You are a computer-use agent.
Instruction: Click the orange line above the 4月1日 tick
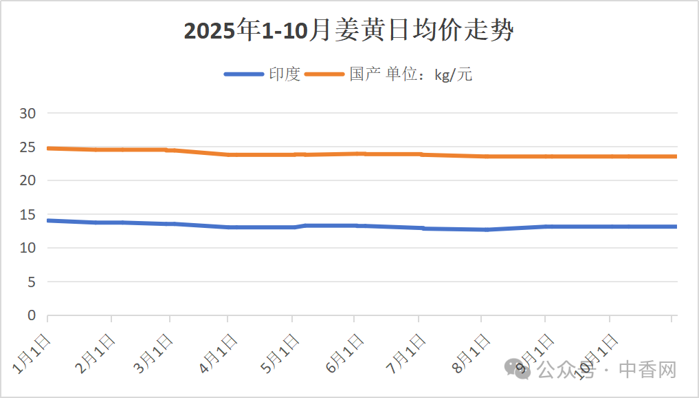[228, 154]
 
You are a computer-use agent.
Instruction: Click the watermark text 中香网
[647, 370]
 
